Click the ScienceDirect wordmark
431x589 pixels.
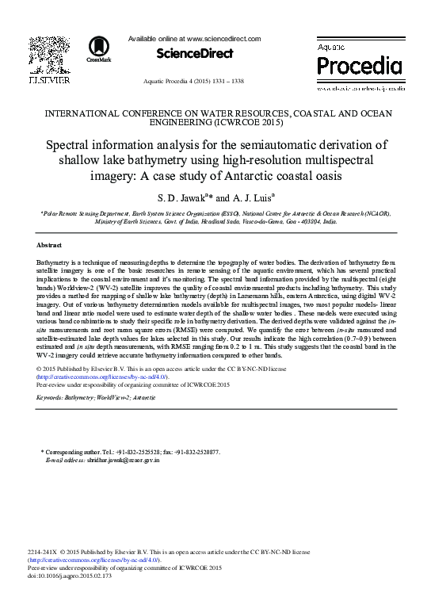tap(195, 54)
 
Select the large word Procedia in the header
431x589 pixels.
tap(360, 64)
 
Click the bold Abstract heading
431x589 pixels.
tap(49, 244)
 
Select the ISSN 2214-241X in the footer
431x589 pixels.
tap(41, 551)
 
